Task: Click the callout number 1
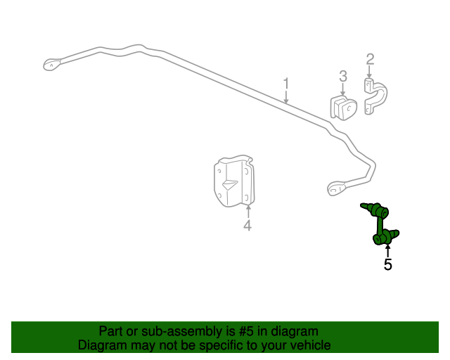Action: (286, 84)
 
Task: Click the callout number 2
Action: (370, 59)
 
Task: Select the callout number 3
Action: (343, 76)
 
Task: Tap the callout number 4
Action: (247, 225)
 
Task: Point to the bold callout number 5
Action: (387, 265)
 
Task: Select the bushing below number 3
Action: (345, 108)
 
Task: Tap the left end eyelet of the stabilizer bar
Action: (51, 64)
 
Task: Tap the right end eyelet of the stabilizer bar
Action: (335, 188)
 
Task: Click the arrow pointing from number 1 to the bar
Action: (286, 98)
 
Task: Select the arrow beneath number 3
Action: (343, 89)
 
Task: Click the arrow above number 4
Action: (247, 210)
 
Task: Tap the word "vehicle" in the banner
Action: (307, 345)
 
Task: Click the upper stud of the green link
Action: (366, 207)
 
